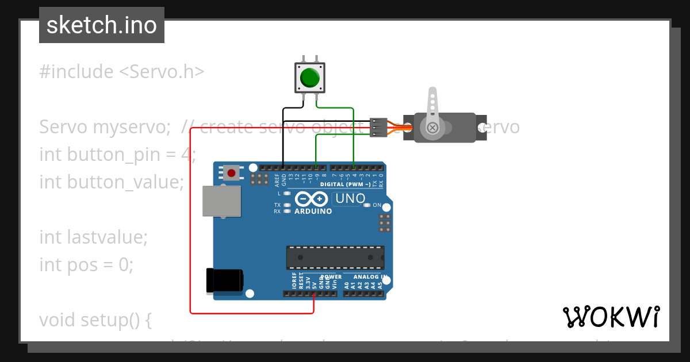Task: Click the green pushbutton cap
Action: [309, 77]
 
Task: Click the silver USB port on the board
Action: [221, 201]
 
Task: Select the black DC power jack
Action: [225, 282]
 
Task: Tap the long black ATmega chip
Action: [335, 257]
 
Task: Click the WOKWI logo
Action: [611, 317]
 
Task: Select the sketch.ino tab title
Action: [102, 25]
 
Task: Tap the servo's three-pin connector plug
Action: [377, 127]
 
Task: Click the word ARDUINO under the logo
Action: [313, 211]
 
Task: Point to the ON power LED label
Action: [377, 205]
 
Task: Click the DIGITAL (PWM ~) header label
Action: [349, 184]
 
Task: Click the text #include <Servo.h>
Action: [122, 72]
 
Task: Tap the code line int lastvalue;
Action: [94, 237]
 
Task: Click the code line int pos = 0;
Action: [86, 264]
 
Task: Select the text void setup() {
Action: [95, 319]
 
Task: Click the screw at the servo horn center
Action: [431, 126]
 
